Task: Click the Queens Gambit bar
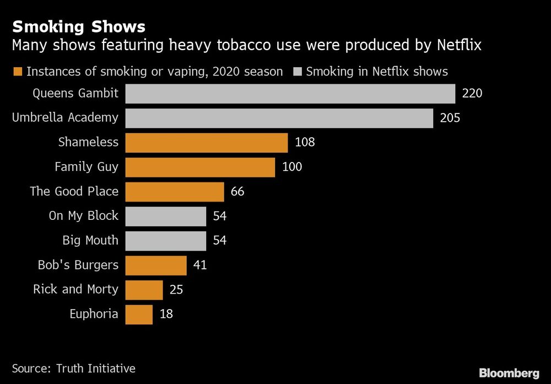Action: (290, 94)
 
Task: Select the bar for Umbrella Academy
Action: (279, 118)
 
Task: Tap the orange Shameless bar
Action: (206, 143)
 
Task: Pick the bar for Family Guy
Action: (200, 167)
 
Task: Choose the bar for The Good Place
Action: (175, 192)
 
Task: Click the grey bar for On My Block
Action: (165, 216)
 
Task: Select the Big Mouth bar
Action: (165, 241)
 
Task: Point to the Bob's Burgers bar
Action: (156, 265)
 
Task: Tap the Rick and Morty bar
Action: (144, 290)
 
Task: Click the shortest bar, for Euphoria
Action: (139, 314)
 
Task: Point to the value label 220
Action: (472, 94)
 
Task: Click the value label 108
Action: (305, 143)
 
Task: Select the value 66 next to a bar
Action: (237, 192)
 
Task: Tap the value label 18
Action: (166, 314)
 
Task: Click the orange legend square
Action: (18, 72)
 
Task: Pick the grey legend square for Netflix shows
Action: (298, 72)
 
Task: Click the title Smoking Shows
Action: (79, 26)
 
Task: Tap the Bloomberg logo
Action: (509, 373)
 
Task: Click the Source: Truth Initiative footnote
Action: (73, 368)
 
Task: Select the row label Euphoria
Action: (94, 314)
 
